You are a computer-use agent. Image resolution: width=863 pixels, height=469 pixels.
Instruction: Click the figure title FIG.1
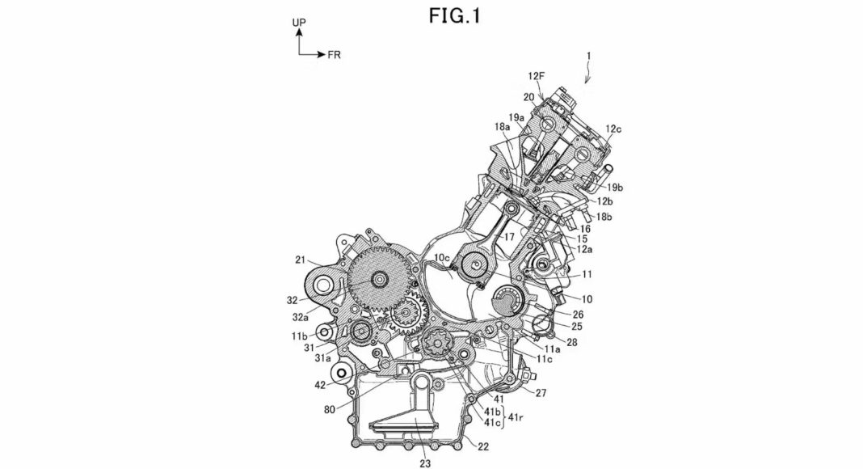(455, 16)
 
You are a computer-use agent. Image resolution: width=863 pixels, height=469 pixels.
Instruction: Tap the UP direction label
(299, 23)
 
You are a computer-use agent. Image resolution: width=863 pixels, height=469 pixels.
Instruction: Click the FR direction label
(334, 55)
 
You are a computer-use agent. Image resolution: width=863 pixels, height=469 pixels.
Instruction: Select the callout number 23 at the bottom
(425, 463)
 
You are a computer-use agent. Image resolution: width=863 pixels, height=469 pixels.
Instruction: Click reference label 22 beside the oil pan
(482, 447)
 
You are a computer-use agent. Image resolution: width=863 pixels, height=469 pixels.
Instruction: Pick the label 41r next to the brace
(516, 417)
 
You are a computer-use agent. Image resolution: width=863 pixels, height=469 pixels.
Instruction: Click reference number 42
(320, 386)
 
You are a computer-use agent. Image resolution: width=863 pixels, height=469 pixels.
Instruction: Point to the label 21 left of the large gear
(300, 260)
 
